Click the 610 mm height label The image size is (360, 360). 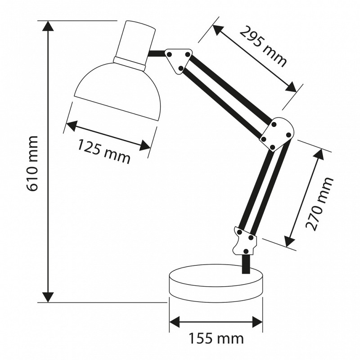click(32, 163)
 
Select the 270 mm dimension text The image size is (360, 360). click(319, 204)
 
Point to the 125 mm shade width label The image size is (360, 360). click(103, 152)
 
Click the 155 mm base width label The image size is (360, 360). click(216, 338)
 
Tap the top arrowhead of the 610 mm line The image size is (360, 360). click(48, 26)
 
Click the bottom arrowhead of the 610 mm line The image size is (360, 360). click(48, 297)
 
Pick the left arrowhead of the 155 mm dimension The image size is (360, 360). click(175, 322)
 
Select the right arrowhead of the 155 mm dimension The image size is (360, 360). click(257, 322)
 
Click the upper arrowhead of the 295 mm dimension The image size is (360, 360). click(218, 30)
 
